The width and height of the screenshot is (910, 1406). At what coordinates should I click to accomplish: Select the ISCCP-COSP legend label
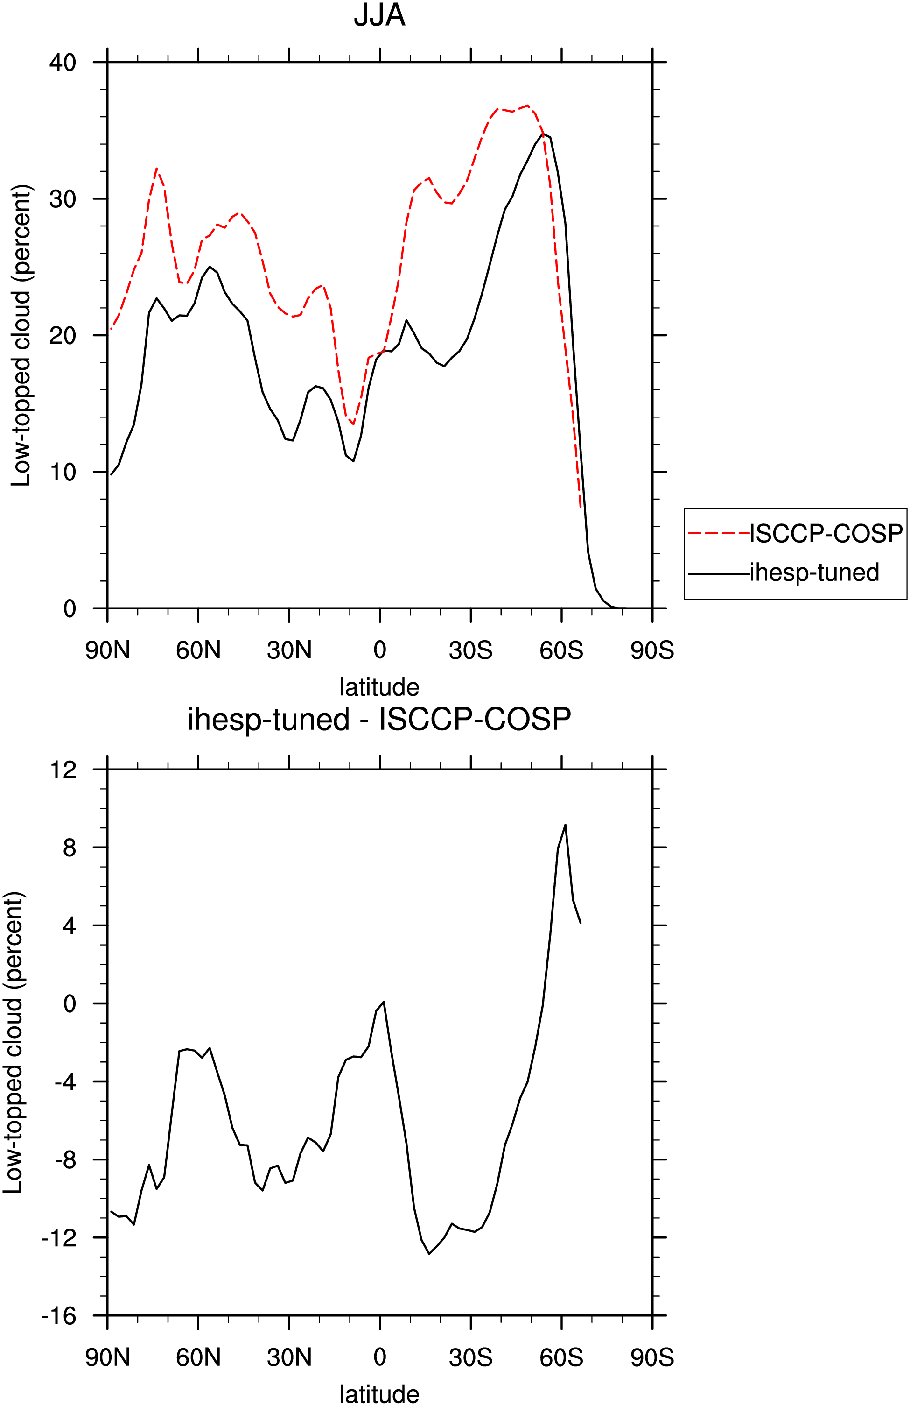[x=826, y=533]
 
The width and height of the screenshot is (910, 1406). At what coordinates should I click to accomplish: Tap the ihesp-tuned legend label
[x=814, y=572]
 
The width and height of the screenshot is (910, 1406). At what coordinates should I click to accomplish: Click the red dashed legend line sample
[x=719, y=533]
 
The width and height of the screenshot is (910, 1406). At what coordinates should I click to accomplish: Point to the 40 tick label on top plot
[x=63, y=62]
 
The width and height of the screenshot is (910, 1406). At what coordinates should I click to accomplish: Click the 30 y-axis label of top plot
[x=63, y=198]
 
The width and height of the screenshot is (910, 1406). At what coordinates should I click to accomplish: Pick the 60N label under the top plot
[x=198, y=650]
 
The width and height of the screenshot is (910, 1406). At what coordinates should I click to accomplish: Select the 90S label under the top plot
[x=652, y=650]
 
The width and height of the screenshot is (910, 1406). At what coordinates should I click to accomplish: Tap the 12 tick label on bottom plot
[x=63, y=770]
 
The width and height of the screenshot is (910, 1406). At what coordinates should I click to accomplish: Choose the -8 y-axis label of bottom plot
[x=65, y=1159]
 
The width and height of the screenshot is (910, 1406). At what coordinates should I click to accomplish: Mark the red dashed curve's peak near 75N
[x=156, y=169]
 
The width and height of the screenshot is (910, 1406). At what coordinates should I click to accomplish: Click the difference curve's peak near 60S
[x=565, y=825]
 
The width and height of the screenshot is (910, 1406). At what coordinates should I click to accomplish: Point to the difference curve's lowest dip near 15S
[x=429, y=1254]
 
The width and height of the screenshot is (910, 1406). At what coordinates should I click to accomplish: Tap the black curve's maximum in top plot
[x=543, y=134]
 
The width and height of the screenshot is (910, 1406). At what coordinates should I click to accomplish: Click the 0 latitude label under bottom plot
[x=380, y=1357]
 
